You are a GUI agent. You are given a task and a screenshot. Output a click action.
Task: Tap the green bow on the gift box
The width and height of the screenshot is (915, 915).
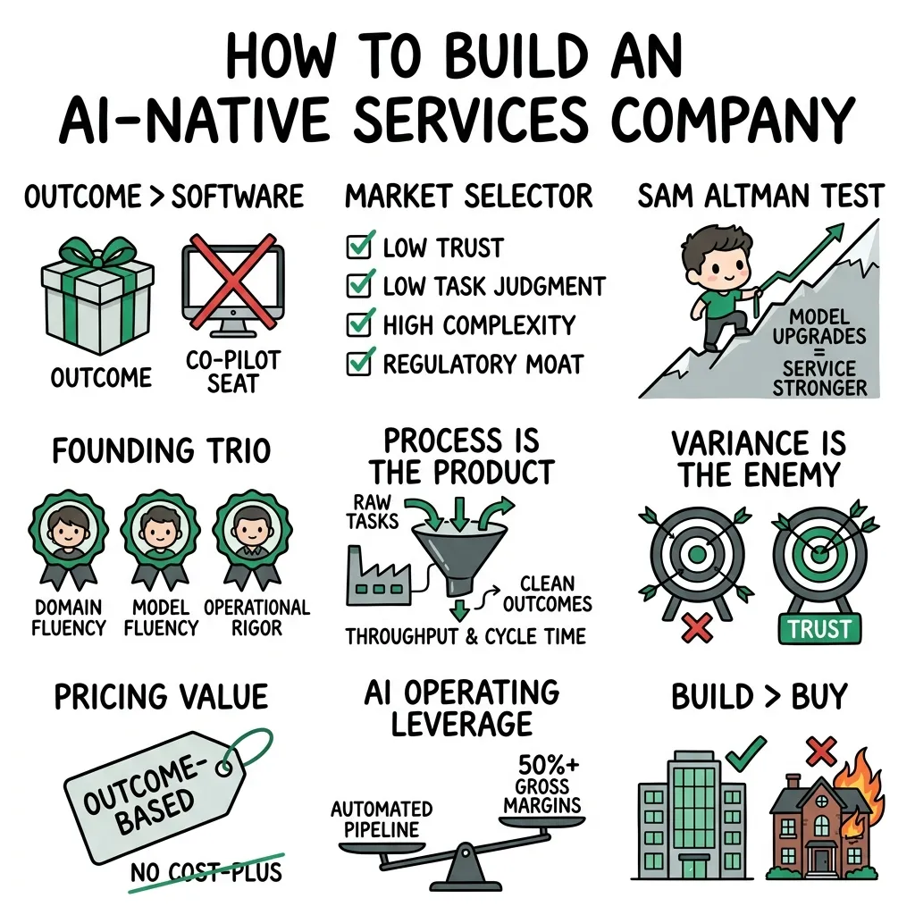pos(98,252)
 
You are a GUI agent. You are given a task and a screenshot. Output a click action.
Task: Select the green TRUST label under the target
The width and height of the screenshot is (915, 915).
pos(819,629)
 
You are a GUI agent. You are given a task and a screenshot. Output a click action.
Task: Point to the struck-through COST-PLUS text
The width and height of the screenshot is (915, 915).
pos(225,872)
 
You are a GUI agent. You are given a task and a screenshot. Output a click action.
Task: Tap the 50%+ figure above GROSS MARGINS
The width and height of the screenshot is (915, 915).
pos(549,764)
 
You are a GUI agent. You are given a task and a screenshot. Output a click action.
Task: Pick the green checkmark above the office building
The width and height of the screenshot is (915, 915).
pos(746,752)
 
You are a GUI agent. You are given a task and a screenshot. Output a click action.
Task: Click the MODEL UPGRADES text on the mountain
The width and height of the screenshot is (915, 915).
pos(818,327)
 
